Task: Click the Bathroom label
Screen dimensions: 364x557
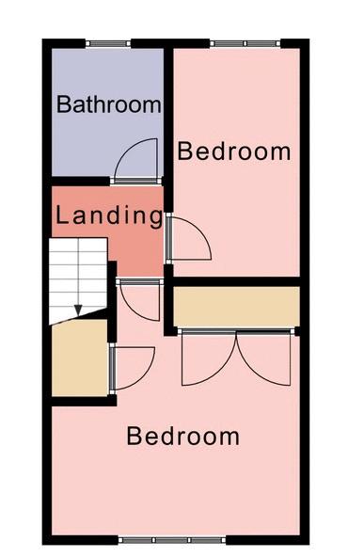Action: click(x=109, y=104)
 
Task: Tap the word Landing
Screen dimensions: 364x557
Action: click(x=109, y=215)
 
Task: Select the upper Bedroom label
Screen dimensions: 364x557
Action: click(x=234, y=151)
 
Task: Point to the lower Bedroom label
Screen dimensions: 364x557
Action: click(x=182, y=437)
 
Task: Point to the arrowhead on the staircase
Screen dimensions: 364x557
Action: click(x=78, y=310)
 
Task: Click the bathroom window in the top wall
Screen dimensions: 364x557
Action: click(x=108, y=43)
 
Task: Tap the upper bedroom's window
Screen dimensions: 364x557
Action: click(x=245, y=43)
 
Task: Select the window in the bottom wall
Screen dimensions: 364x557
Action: click(x=172, y=540)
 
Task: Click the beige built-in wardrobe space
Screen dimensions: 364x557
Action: click(x=236, y=306)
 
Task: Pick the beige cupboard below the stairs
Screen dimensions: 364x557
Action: click(x=80, y=358)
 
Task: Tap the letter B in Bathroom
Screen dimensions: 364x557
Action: click(x=64, y=104)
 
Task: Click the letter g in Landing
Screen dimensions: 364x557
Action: click(x=155, y=219)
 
